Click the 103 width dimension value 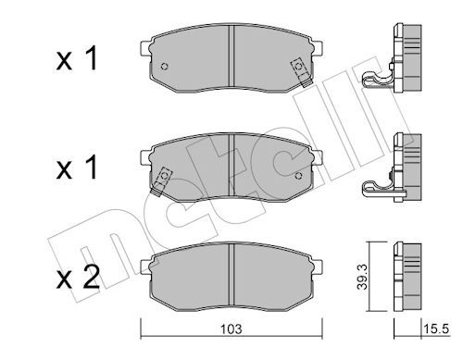tap(231, 329)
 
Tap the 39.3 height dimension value tap(362, 277)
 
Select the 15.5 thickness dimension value tap(435, 329)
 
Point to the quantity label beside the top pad tap(77, 58)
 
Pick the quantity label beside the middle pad tap(77, 168)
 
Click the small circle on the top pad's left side tap(165, 67)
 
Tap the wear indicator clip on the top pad tap(302, 72)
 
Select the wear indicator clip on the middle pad tap(162, 181)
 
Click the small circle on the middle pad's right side tap(298, 176)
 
